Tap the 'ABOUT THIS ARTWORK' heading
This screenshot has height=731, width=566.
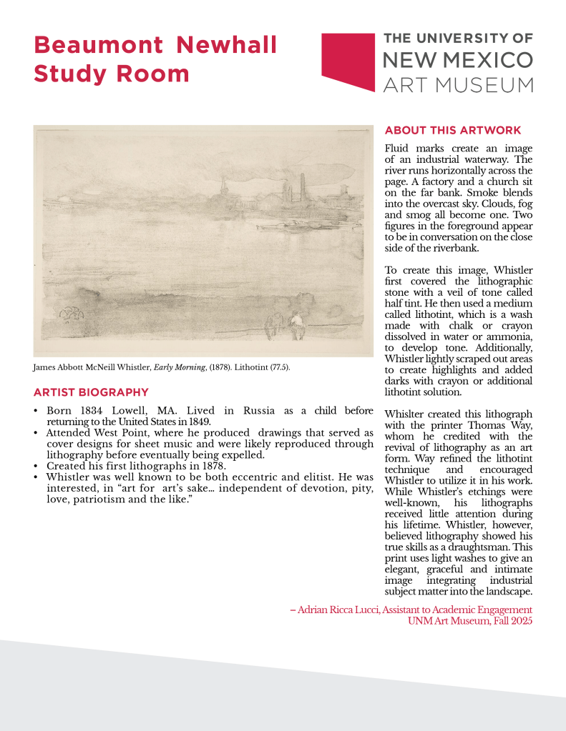pos(453,130)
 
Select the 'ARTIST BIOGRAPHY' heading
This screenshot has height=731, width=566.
pos(91,392)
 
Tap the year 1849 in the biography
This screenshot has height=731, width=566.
pos(196,421)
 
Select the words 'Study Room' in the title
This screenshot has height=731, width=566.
pos(112,74)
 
